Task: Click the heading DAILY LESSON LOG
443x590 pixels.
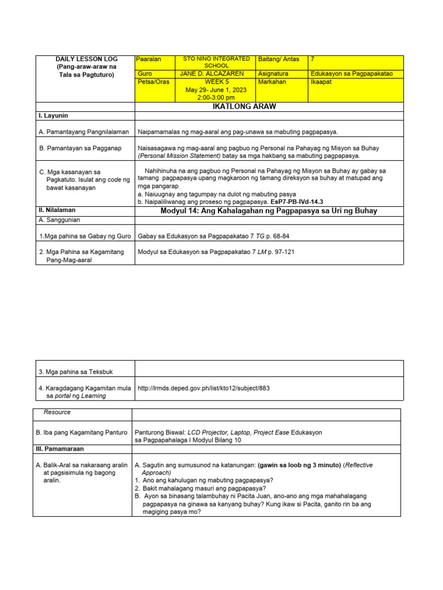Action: pos(85,59)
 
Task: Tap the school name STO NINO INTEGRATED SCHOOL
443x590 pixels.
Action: pos(216,62)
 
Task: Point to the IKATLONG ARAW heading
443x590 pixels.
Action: pos(269,107)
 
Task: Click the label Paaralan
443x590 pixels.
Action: pos(149,59)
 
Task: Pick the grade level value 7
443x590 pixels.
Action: pos(313,59)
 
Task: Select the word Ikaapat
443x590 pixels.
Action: pos(321,82)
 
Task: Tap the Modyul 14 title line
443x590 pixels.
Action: pos(269,211)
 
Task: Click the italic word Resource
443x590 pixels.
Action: pos(57,413)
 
